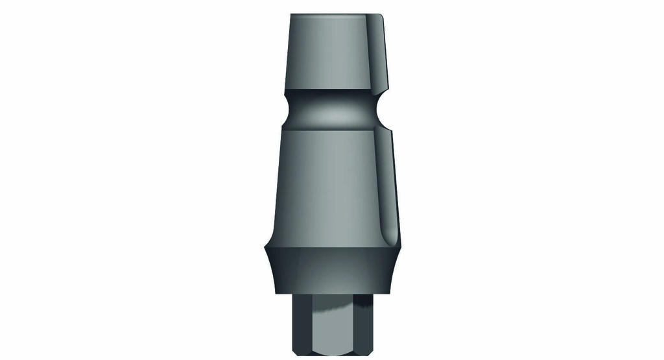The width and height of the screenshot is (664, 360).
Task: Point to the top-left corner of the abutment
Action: pyautogui.click(x=291, y=14)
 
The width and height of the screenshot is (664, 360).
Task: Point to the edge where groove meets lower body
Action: pyautogui.click(x=331, y=128)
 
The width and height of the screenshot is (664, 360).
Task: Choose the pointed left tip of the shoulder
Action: pyautogui.click(x=265, y=247)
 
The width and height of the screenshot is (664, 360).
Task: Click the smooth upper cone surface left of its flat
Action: pyautogui.click(x=324, y=52)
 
